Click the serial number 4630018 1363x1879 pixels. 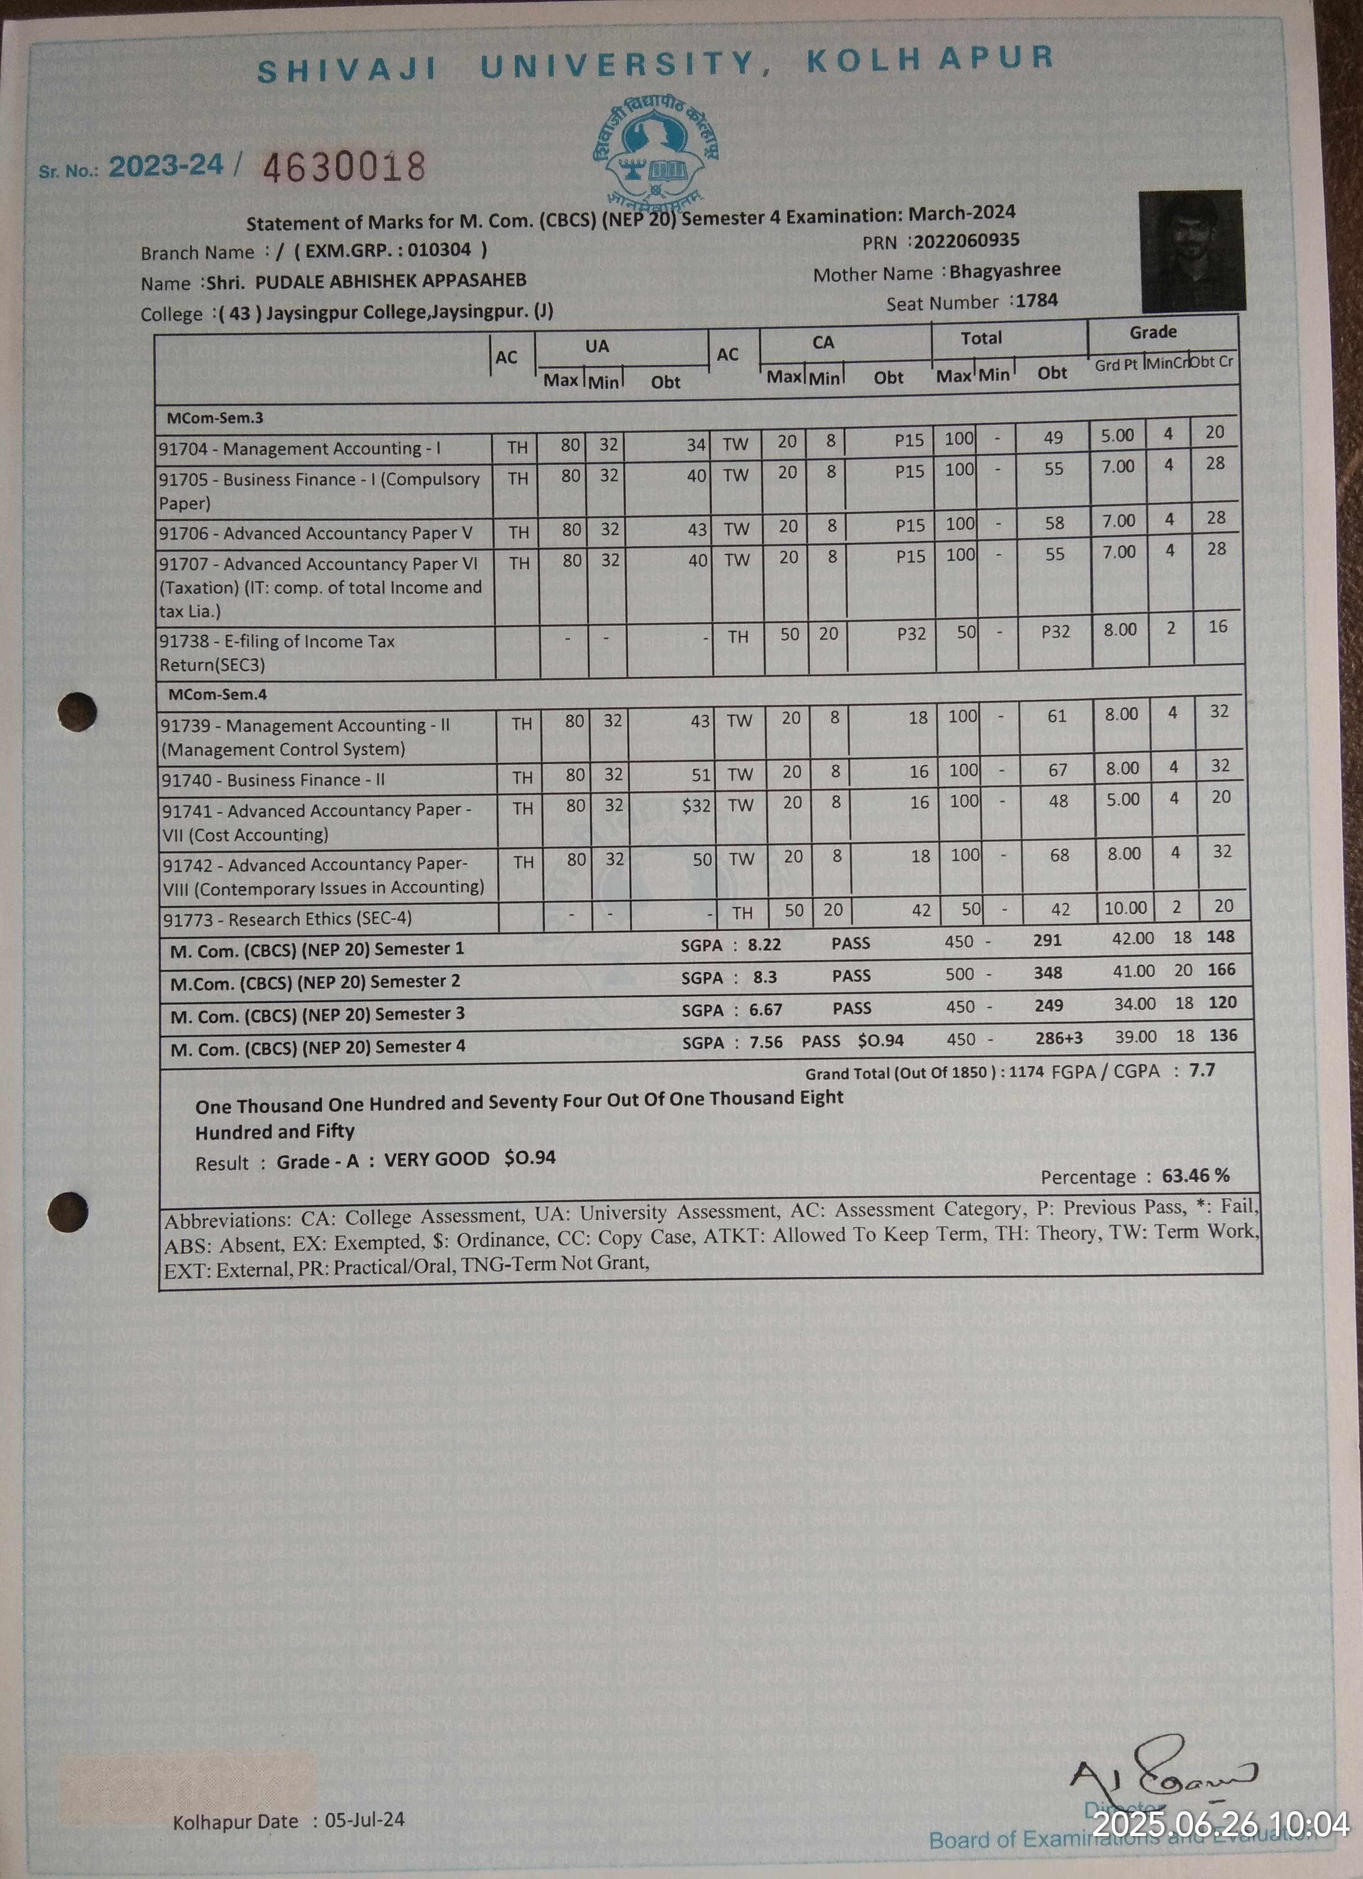(x=343, y=167)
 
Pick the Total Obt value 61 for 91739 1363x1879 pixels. (x=1057, y=717)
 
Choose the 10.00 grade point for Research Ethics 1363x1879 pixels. (x=1125, y=908)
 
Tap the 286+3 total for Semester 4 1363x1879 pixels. (x=1058, y=1038)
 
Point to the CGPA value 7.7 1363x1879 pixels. (x=1201, y=1070)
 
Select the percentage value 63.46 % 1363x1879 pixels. (x=1195, y=1176)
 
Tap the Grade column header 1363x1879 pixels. (x=1153, y=332)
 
